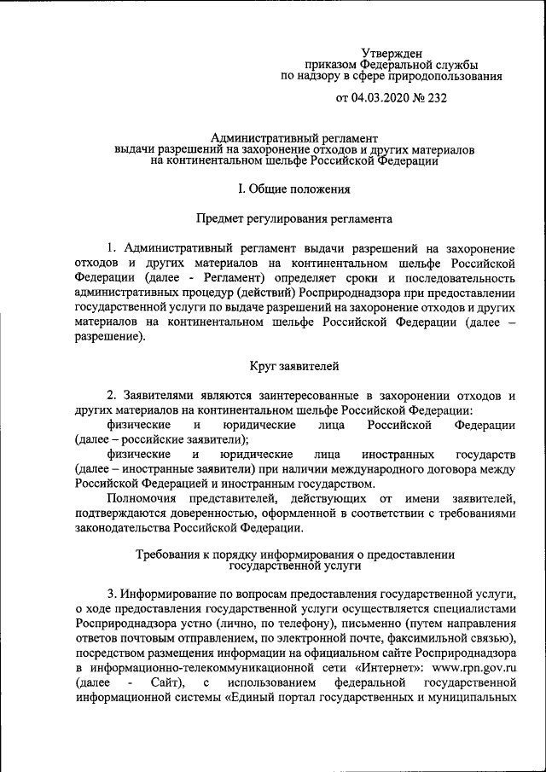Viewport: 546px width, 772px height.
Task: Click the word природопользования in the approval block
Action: point(440,76)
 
